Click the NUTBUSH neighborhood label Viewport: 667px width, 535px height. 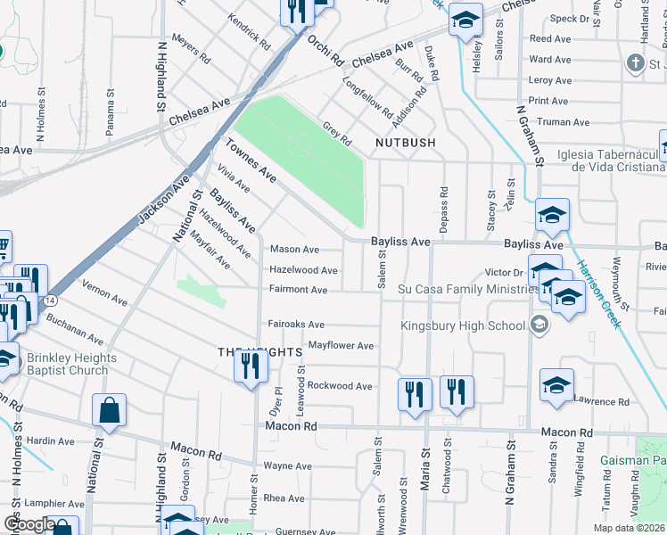(x=405, y=143)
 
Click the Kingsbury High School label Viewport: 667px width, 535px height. (x=463, y=325)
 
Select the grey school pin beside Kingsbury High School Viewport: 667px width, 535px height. (x=539, y=325)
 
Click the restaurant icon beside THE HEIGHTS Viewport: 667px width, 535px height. (x=250, y=366)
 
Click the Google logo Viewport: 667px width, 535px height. (x=29, y=524)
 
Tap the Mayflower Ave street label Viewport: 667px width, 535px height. (x=340, y=345)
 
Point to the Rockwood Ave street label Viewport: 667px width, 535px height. (x=340, y=386)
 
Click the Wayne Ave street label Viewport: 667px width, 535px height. (x=287, y=466)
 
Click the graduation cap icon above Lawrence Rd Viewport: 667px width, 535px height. (x=556, y=384)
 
